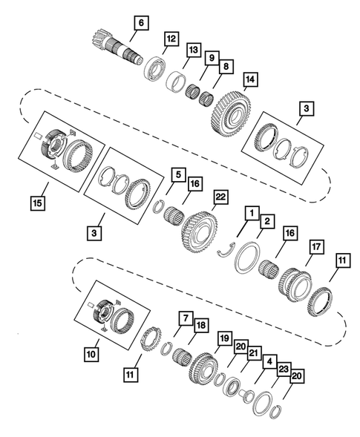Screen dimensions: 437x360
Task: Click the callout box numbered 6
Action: pos(140,22)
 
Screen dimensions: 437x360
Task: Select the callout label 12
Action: pos(171,38)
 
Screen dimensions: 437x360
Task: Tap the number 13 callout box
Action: pos(194,50)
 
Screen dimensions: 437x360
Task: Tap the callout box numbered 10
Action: pos(91,355)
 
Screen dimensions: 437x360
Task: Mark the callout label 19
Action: pos(223,338)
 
